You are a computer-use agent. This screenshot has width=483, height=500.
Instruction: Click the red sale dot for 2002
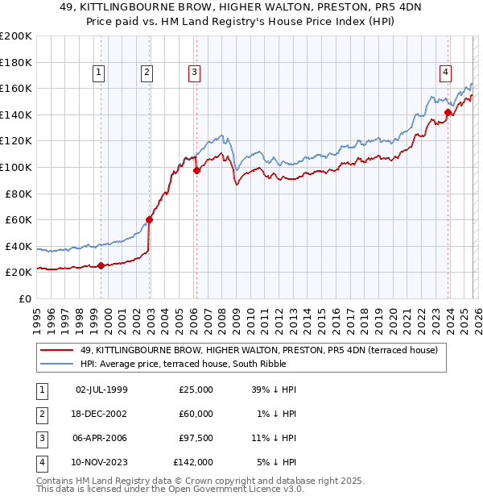(150, 219)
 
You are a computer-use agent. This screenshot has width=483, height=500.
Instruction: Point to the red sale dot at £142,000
(448, 112)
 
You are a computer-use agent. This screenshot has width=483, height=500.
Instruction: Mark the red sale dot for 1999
(101, 265)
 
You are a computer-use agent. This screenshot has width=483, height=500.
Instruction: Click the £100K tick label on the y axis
(16, 167)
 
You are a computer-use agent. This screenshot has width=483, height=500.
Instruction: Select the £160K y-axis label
(16, 88)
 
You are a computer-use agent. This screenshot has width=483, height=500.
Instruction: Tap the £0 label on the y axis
(24, 298)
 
